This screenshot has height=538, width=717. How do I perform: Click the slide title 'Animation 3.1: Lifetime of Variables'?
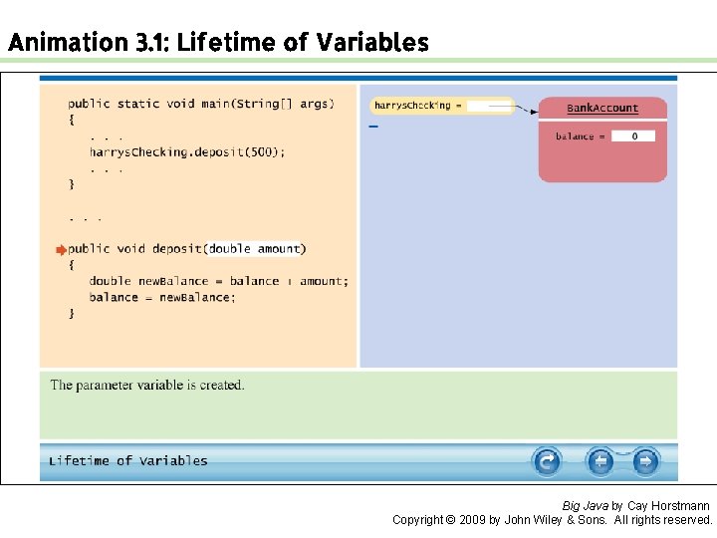[x=217, y=43]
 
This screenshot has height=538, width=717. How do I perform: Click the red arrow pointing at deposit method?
[x=60, y=250]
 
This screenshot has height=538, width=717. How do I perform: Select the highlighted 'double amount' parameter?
[x=255, y=249]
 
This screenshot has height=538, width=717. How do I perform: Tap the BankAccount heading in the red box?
[x=602, y=109]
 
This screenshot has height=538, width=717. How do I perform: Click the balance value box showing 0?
[x=632, y=136]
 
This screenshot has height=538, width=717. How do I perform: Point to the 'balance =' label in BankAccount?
[x=577, y=136]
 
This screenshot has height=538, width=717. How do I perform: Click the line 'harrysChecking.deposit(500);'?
[x=186, y=152]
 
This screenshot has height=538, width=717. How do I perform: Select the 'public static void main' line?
[x=200, y=104]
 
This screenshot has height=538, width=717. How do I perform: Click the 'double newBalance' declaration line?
[x=218, y=281]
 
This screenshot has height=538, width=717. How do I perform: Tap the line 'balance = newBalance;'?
[x=162, y=297]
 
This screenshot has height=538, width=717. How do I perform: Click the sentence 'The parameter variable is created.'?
[x=147, y=386]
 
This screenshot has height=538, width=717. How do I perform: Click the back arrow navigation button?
[x=599, y=461]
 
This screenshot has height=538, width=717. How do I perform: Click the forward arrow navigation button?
[x=645, y=461]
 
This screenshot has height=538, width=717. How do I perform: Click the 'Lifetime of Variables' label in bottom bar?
[x=128, y=461]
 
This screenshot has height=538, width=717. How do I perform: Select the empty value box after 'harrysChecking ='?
[x=488, y=106]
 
